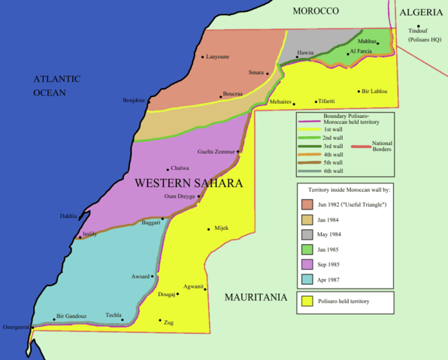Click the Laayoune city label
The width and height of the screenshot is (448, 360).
tap(218, 57)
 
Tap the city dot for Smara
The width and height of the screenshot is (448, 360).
tap(267, 73)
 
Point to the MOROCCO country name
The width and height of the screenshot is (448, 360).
tap(316, 11)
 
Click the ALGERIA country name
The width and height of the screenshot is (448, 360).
tap(422, 12)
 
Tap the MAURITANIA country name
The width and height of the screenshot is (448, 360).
tap(256, 298)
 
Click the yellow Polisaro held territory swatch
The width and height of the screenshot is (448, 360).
tap(307, 302)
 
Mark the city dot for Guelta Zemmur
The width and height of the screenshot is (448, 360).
tap(238, 152)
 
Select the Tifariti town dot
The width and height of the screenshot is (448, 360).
tap(316, 101)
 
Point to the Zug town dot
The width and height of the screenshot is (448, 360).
tap(159, 321)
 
